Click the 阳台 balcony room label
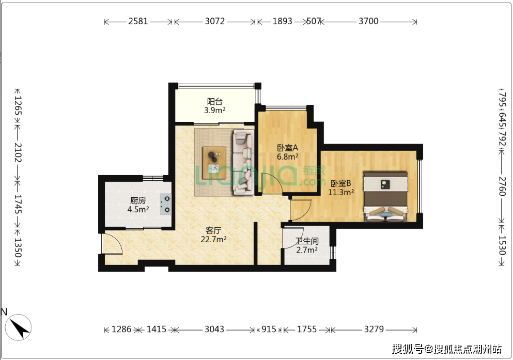tap(214, 102)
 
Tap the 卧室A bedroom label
tap(288, 148)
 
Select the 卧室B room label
tap(340, 183)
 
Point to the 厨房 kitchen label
tap(138, 200)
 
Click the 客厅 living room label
tap(213, 230)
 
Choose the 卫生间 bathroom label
tap(307, 241)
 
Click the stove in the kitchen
tap(165, 204)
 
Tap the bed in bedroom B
tap(385, 196)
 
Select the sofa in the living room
tap(243, 163)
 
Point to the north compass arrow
tap(19, 327)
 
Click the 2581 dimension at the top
tap(138, 21)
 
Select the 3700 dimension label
tap(369, 21)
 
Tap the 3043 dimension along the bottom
tap(214, 329)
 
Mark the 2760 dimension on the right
tap(502, 186)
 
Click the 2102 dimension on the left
tap(18, 153)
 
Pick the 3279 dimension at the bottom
tap(374, 329)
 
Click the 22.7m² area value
tap(213, 239)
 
